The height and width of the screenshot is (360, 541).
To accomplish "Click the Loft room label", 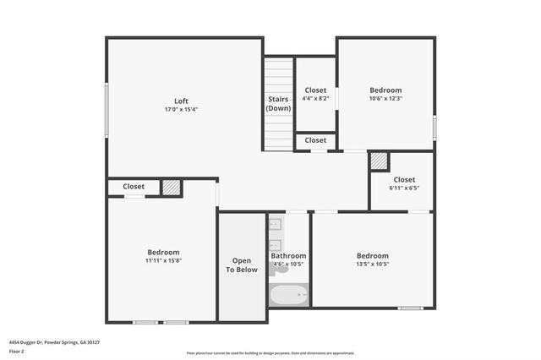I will [180, 101].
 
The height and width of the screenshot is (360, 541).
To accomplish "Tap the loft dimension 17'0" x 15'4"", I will [180, 110].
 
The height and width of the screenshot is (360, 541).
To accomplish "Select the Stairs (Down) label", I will [278, 104].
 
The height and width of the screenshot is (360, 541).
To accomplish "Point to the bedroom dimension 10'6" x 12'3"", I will [385, 99].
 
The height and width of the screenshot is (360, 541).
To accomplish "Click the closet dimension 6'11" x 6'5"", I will [404, 188].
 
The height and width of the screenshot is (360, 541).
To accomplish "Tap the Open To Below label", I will [241, 265].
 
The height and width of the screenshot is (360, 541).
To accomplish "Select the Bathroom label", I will [288, 255].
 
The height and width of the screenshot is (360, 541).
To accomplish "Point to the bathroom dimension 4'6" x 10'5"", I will [288, 265].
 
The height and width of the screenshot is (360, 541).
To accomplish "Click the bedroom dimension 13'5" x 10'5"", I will [372, 265].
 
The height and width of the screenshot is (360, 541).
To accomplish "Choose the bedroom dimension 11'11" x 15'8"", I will [163, 261].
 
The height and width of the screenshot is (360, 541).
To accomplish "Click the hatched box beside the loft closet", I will [172, 187].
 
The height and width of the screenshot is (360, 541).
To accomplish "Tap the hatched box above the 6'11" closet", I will [379, 161].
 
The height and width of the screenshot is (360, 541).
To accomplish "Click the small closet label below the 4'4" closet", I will [315, 140].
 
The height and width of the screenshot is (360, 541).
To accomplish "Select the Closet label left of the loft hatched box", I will [134, 187].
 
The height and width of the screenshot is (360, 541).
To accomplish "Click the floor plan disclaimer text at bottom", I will [270, 353].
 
